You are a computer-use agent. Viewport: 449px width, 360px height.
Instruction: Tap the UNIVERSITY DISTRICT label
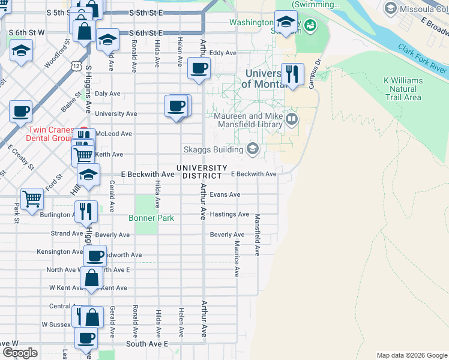pyautogui.click(x=202, y=172)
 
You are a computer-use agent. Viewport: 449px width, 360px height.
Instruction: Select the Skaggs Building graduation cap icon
pyautogui.click(x=253, y=149)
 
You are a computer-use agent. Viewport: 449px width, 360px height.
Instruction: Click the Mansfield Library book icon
pyautogui.click(x=292, y=118)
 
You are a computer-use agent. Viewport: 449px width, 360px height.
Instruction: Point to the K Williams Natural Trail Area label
pyautogui.click(x=403, y=89)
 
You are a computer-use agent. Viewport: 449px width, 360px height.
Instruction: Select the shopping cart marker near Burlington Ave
pyautogui.click(x=32, y=198)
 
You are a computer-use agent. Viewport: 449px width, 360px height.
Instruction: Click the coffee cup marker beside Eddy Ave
pyautogui.click(x=199, y=68)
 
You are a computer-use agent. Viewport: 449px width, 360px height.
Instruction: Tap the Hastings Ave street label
pyautogui.click(x=229, y=214)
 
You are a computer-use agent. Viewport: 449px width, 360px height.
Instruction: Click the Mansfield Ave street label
pyautogui.click(x=257, y=235)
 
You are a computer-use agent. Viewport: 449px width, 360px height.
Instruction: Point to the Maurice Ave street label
pyautogui.click(x=237, y=259)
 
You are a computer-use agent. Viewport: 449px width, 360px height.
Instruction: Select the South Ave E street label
pyautogui.click(x=147, y=344)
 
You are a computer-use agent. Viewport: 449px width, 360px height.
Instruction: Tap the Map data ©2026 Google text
pyautogui.click(x=411, y=355)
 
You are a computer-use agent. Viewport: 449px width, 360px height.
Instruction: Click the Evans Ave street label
pyautogui.click(x=225, y=194)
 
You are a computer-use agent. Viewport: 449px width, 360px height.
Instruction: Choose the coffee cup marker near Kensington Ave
pyautogui.click(x=95, y=256)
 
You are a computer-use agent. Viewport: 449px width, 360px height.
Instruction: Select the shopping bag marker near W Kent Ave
pyautogui.click(x=91, y=278)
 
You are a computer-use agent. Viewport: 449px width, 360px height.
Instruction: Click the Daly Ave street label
pyautogui.click(x=107, y=94)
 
